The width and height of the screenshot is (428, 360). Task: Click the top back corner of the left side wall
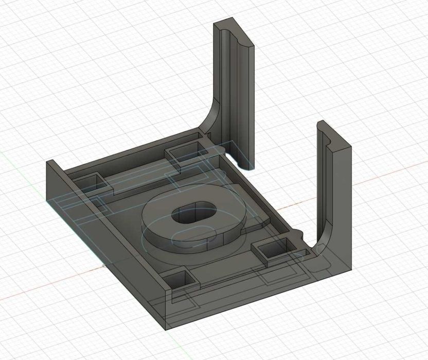coord(50,162)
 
